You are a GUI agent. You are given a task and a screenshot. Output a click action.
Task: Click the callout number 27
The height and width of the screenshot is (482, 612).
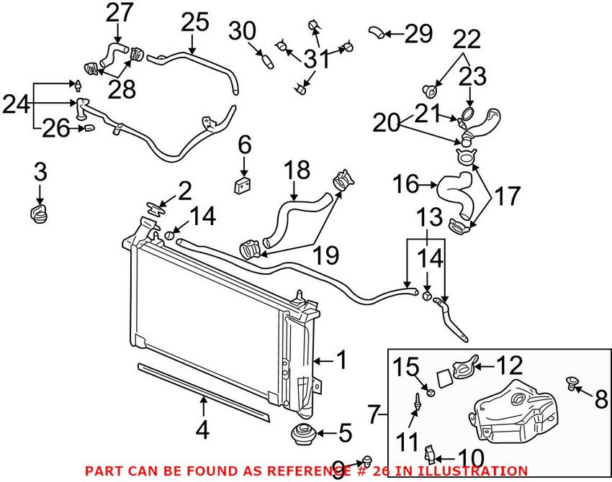click(120, 13)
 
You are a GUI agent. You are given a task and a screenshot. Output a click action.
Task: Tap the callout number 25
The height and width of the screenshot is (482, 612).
click(194, 22)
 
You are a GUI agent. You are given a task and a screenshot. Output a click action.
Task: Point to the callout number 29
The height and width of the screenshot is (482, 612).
click(418, 33)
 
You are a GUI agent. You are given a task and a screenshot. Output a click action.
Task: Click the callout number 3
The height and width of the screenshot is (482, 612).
click(40, 172)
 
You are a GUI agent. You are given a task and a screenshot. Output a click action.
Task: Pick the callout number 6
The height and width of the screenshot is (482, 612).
click(245, 145)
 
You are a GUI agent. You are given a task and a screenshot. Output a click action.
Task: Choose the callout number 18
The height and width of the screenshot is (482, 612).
click(296, 170)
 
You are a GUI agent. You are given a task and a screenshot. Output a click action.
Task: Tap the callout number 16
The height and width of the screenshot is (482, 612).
click(405, 184)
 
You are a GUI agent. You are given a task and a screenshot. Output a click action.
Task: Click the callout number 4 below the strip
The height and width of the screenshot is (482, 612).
click(203, 430)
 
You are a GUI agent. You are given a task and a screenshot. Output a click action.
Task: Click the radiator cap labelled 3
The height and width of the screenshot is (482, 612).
click(40, 213)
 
